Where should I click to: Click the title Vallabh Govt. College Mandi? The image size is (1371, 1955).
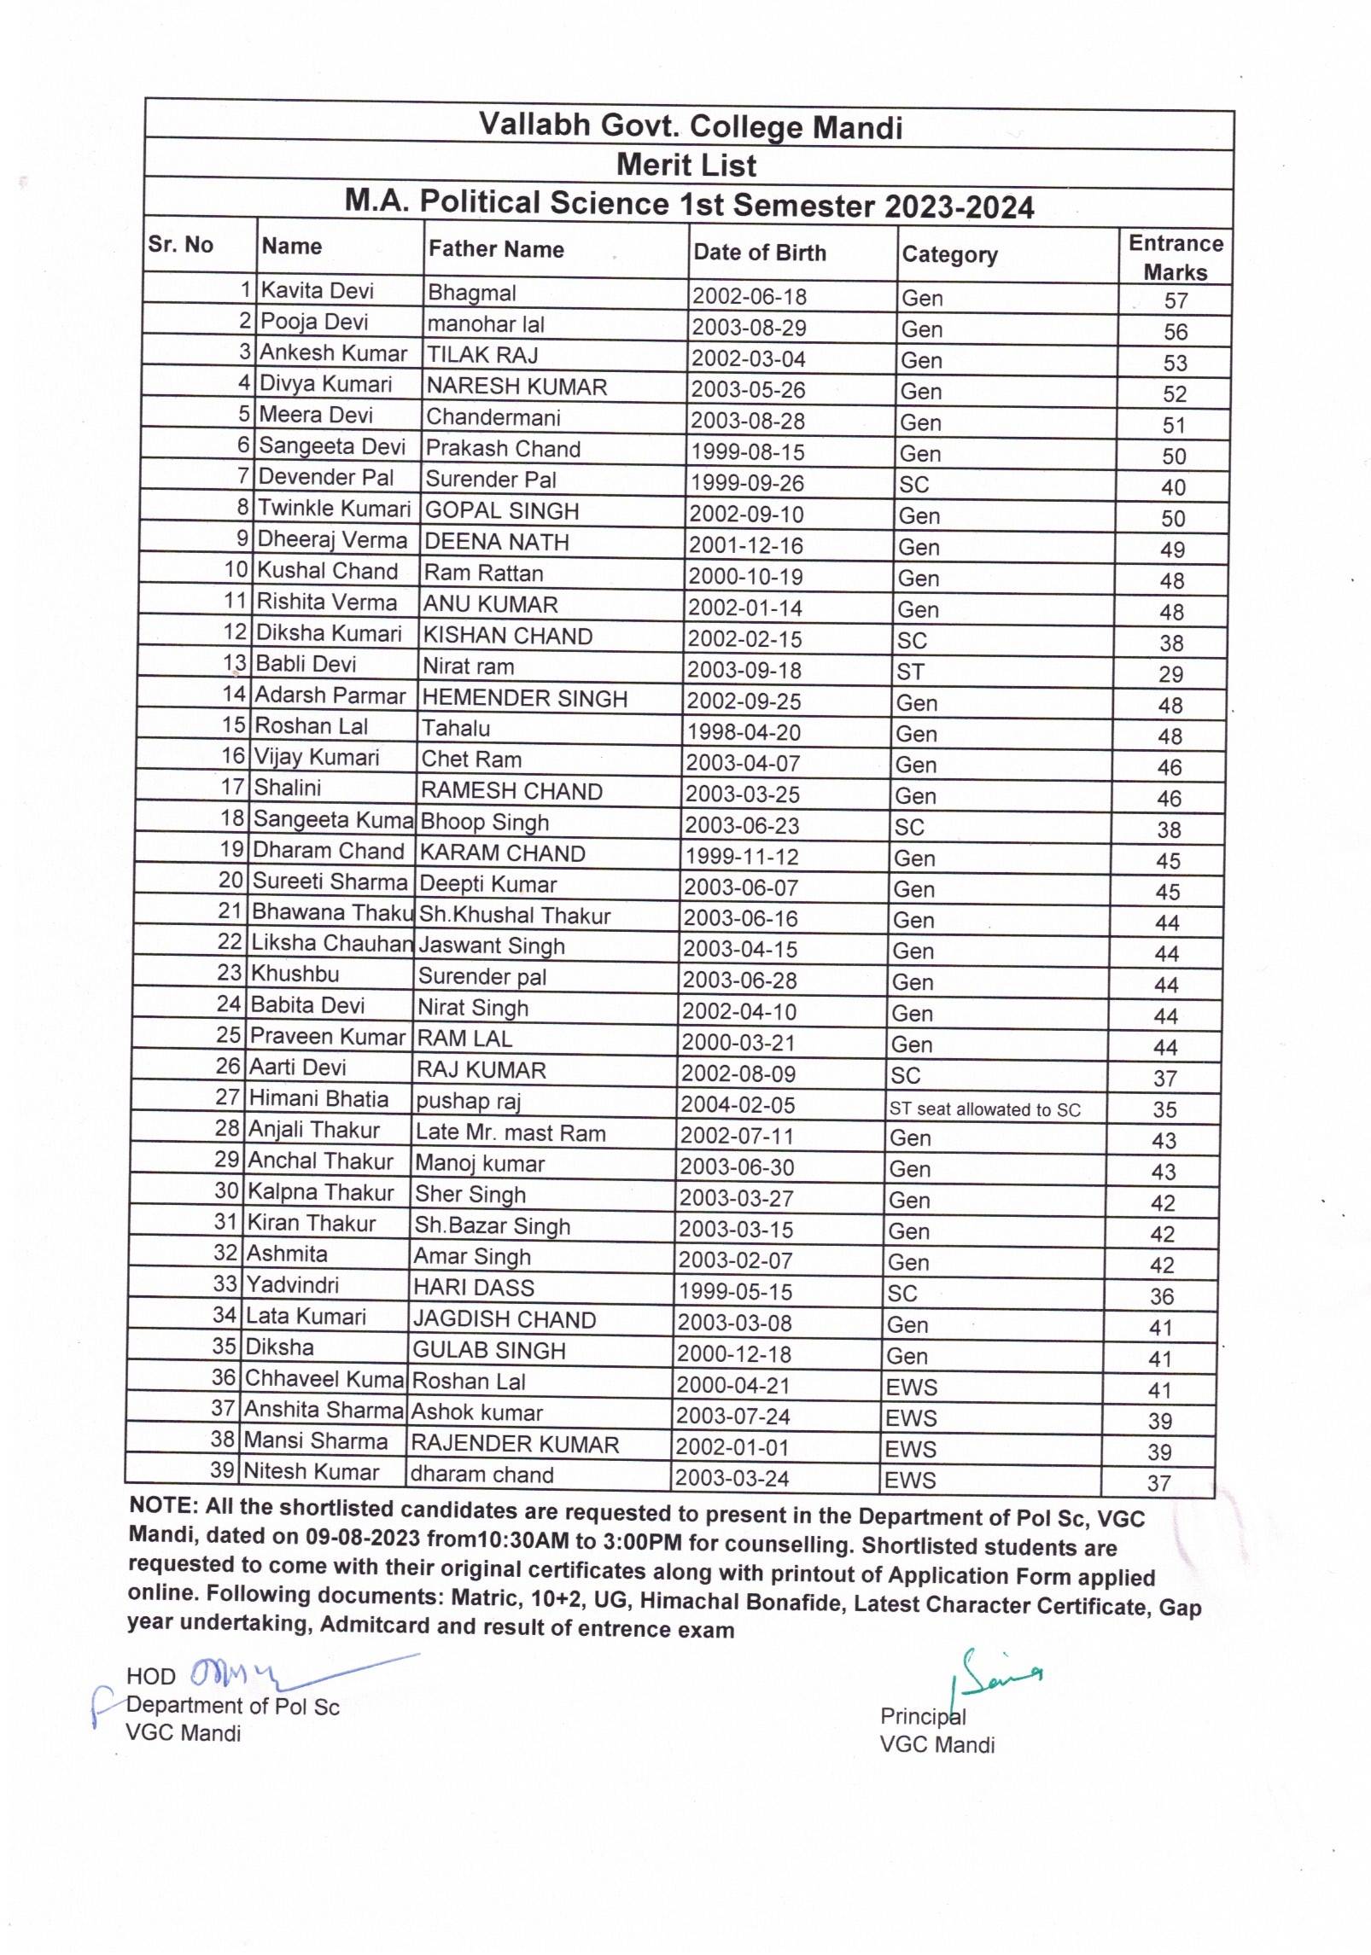pos(690,126)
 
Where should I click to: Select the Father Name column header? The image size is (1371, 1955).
pos(496,249)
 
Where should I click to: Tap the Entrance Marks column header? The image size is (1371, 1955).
pos(1176,258)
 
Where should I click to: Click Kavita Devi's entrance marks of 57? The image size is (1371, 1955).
pos(1176,300)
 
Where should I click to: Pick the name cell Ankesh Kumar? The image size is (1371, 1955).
pos(333,353)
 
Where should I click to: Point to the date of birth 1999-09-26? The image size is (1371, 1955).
pos(747,484)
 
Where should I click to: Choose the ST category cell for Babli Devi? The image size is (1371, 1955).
pos(910,672)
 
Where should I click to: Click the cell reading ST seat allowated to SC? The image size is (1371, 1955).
pos(984,1109)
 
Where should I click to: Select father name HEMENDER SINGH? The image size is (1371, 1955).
pos(524,698)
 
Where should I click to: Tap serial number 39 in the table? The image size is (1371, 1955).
pos(223,1469)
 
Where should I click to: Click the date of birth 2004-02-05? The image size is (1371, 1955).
pos(737,1105)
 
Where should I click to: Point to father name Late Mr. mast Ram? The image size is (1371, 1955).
pos(510,1133)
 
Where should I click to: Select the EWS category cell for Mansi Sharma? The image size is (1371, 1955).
pos(911,1449)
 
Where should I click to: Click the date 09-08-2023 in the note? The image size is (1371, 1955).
pos(362,1537)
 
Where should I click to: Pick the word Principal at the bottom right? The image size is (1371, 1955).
pos(922,1716)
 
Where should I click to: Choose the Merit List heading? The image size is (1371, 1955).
pos(686,165)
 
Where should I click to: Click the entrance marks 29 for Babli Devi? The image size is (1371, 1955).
pos(1170,674)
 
